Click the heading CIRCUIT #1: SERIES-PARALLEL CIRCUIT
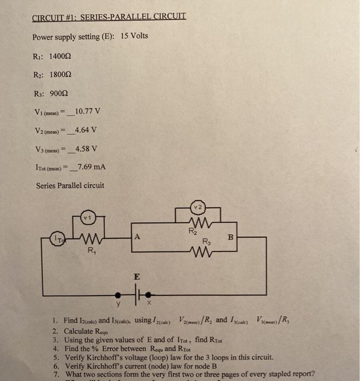(109, 16)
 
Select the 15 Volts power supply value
(134, 36)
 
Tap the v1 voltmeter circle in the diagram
(86, 218)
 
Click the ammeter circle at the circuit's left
(57, 238)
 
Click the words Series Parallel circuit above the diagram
(70, 185)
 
